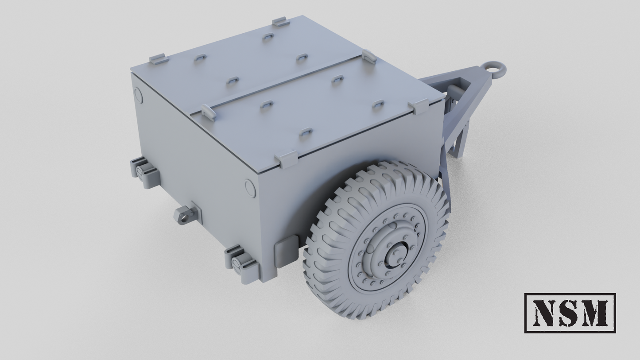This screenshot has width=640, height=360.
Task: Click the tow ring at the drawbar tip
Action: click(x=495, y=69)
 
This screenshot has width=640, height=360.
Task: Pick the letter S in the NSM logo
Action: click(x=569, y=313)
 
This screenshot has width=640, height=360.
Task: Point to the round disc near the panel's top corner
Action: click(x=139, y=96)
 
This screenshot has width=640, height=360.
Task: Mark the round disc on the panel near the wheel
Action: click(x=250, y=188)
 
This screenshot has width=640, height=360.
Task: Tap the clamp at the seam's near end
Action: click(x=208, y=112)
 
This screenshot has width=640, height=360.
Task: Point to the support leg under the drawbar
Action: click(x=456, y=142)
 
